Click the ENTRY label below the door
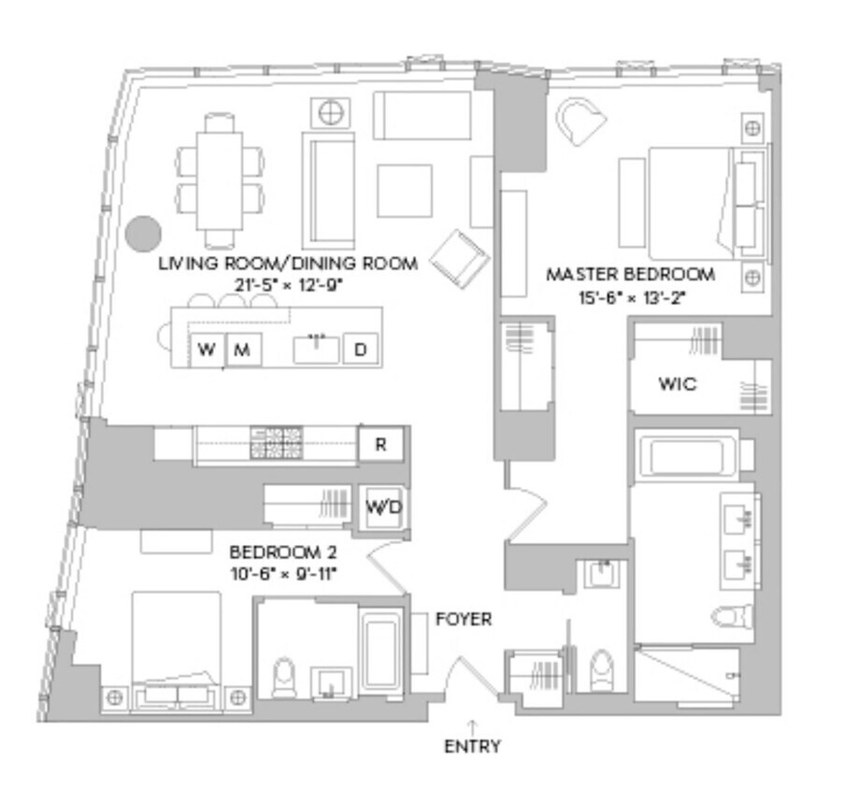tap(472, 746)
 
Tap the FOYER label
tap(464, 619)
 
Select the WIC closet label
tap(677, 384)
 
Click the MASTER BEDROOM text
tap(631, 275)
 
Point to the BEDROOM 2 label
tap(282, 552)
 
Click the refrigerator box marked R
tap(381, 445)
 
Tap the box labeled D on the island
tap(360, 351)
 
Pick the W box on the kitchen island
tap(207, 351)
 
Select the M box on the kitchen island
tap(242, 351)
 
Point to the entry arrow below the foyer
tap(472, 725)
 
